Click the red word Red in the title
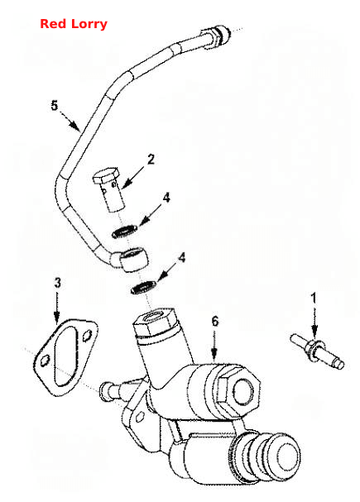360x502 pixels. coord(53,24)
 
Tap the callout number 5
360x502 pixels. coord(55,105)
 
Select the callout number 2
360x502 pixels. coord(151,159)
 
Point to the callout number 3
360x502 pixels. coord(57,283)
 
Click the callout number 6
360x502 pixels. coord(215,321)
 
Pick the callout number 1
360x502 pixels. coord(314,298)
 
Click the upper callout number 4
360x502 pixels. coord(166,198)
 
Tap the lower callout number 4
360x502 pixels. coord(181,257)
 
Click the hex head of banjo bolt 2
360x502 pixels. coord(106,175)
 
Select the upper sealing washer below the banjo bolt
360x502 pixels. coord(125,231)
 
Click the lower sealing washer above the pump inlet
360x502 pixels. coord(143,287)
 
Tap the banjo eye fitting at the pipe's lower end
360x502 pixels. coord(132,259)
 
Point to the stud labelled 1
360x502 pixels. coord(317,351)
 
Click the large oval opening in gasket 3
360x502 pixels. coord(66,356)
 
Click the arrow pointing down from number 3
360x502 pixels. coord(57,307)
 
